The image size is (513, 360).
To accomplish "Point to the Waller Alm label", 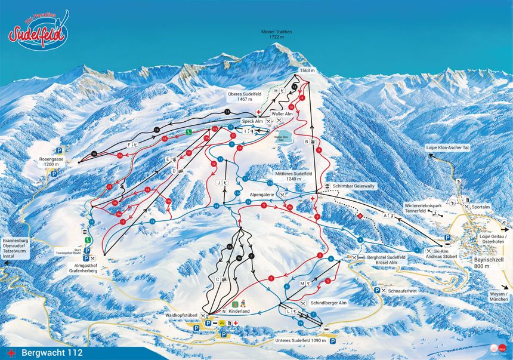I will point(282,113).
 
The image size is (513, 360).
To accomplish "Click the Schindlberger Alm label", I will point(329,303).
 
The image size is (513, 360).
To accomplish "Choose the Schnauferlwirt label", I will point(403,290).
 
